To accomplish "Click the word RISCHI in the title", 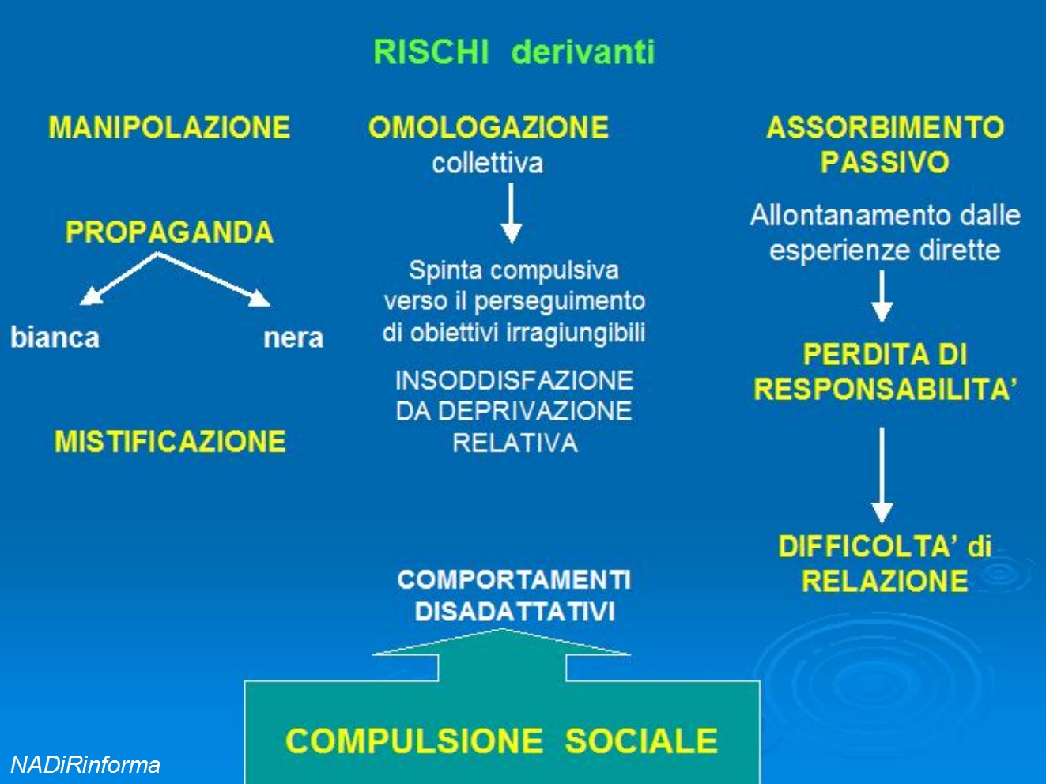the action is (x=431, y=52).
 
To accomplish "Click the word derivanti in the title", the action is (x=583, y=52).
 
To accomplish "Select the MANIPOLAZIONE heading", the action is (x=169, y=127).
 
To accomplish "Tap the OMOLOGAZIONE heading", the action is (x=489, y=127).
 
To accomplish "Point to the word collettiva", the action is (x=488, y=164).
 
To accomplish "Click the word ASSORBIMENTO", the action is (x=886, y=127).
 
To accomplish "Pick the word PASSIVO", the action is (x=885, y=162).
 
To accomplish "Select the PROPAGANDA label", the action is (x=169, y=232).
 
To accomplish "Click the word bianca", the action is (x=55, y=337).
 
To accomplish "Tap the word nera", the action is (x=293, y=338).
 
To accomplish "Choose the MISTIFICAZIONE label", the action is (x=170, y=441).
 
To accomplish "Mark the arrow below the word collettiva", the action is (x=512, y=213).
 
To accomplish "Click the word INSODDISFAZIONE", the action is (x=514, y=380).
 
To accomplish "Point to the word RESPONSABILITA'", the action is (x=886, y=389).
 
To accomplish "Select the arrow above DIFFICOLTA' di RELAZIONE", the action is (x=882, y=475).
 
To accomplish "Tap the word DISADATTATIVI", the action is (x=515, y=612).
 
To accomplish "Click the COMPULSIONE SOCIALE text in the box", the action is (x=501, y=741).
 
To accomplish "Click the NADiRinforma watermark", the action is (x=85, y=765).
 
